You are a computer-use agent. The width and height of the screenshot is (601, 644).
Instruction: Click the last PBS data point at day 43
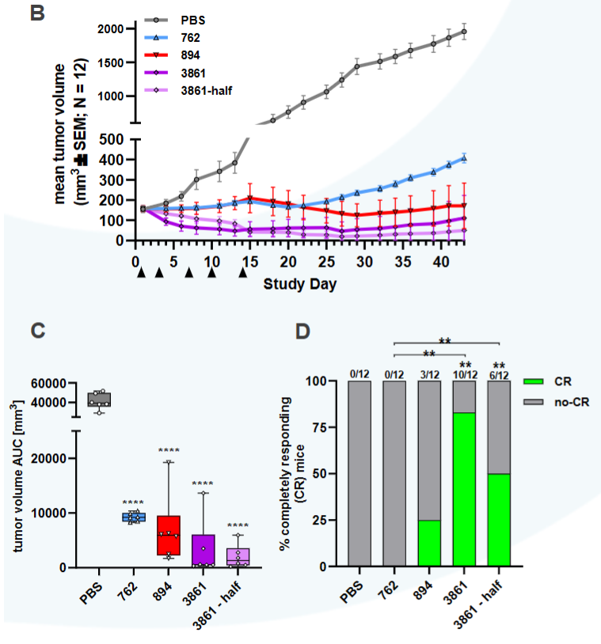point(464,32)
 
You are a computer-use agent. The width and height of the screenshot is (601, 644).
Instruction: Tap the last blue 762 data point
point(464,158)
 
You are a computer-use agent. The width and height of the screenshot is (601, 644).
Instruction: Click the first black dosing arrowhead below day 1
point(141,273)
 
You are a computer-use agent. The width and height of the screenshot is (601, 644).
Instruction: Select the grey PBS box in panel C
point(99,399)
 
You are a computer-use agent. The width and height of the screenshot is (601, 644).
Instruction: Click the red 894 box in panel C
point(169,536)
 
